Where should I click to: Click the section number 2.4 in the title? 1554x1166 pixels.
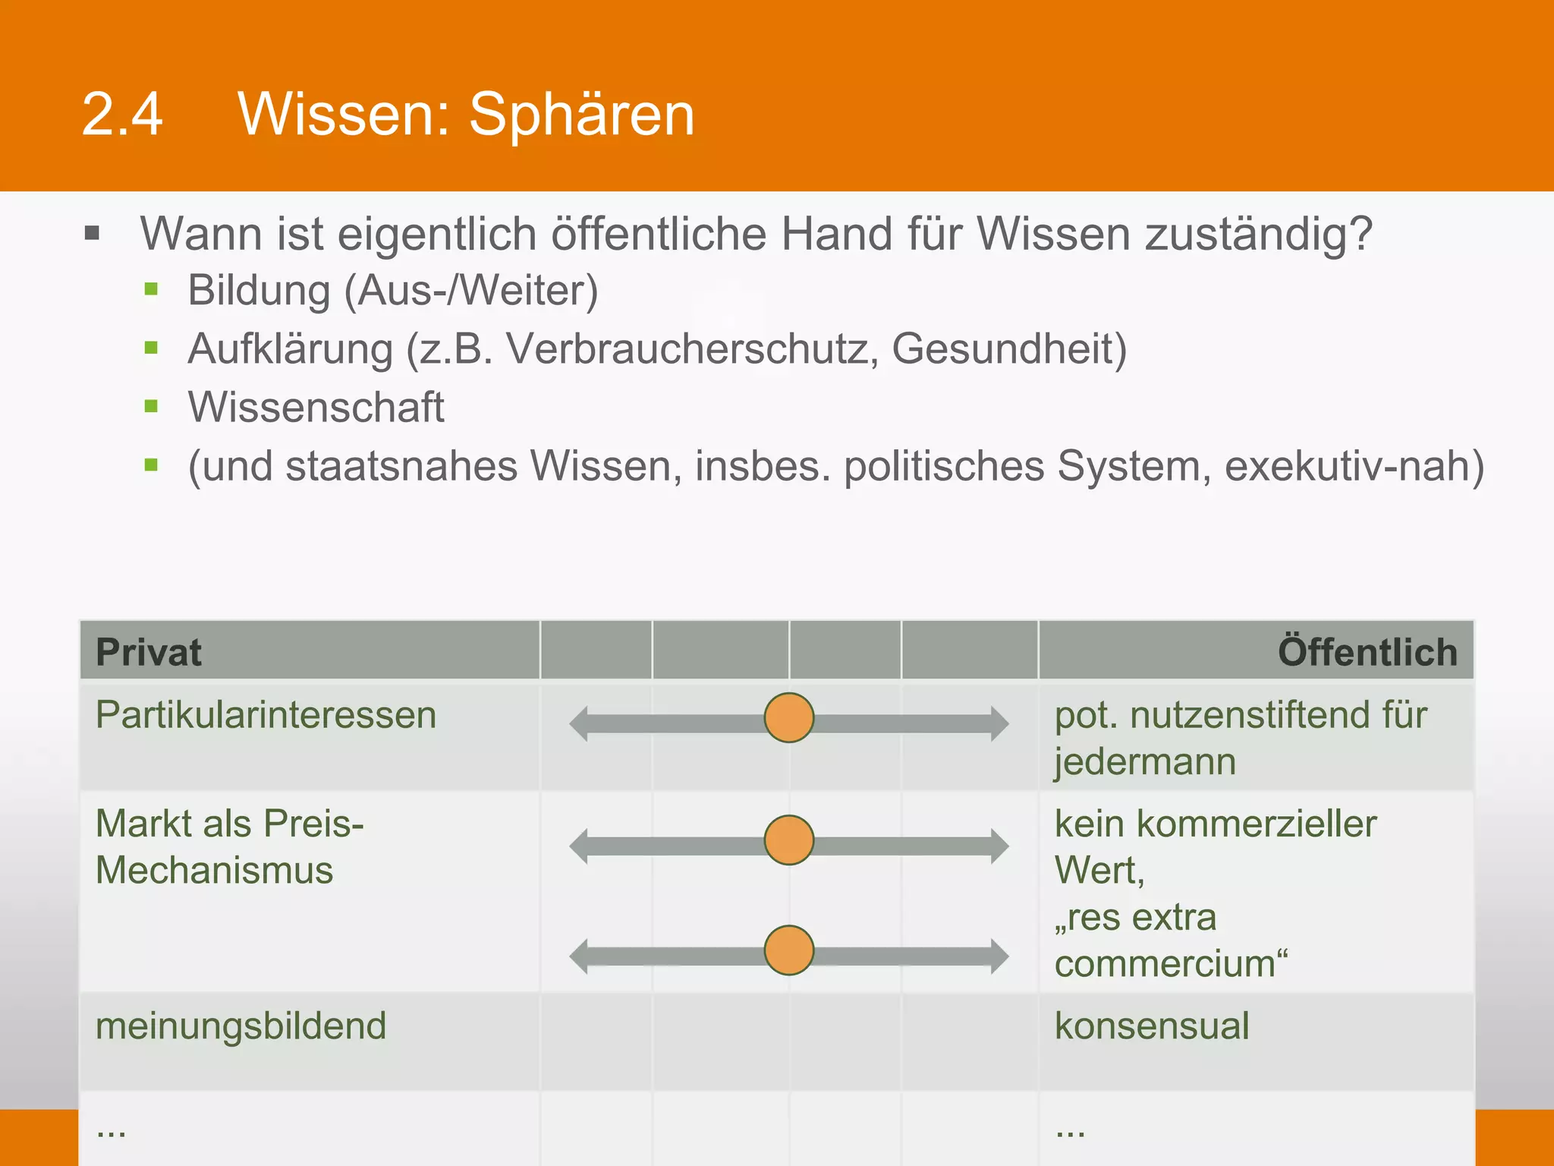point(122,115)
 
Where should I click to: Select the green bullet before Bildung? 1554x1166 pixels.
point(151,289)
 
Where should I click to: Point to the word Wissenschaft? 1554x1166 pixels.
point(316,408)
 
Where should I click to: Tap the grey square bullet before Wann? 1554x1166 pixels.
point(93,233)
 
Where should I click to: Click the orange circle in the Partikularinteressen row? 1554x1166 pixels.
point(789,717)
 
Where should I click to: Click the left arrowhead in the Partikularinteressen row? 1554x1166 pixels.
point(580,723)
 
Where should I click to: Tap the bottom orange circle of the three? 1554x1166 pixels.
point(789,950)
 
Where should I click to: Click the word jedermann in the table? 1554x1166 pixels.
point(1145,762)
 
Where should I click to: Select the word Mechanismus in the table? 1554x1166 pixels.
point(215,870)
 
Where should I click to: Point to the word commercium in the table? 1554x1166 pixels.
point(1166,964)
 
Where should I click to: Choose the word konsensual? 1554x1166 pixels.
point(1151,1026)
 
